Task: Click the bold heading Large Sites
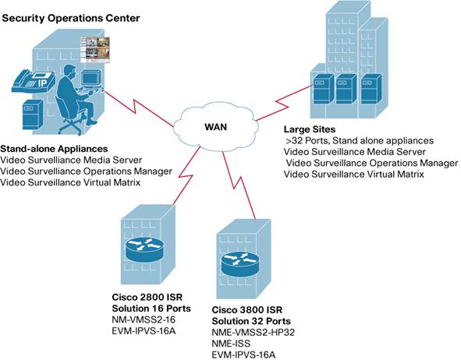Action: (310, 129)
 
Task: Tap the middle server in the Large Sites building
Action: (346, 90)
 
